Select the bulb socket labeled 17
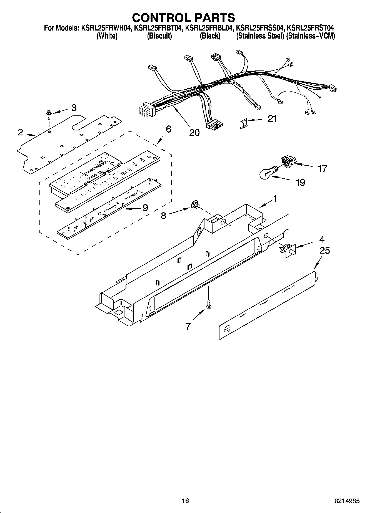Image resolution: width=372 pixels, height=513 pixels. coord(288,161)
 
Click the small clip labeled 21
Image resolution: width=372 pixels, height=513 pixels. coord(243,122)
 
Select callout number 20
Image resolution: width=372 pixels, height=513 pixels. coord(194,133)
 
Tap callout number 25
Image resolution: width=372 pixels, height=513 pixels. coord(324,251)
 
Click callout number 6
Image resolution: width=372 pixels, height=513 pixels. coord(168,129)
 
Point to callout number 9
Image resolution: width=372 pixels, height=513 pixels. coord(145,208)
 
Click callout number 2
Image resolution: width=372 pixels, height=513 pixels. coord(20,132)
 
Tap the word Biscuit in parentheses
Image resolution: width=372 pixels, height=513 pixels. coord(159,36)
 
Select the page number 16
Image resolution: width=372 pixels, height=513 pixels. coord(185,501)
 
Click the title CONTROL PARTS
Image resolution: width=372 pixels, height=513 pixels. coord(183,17)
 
